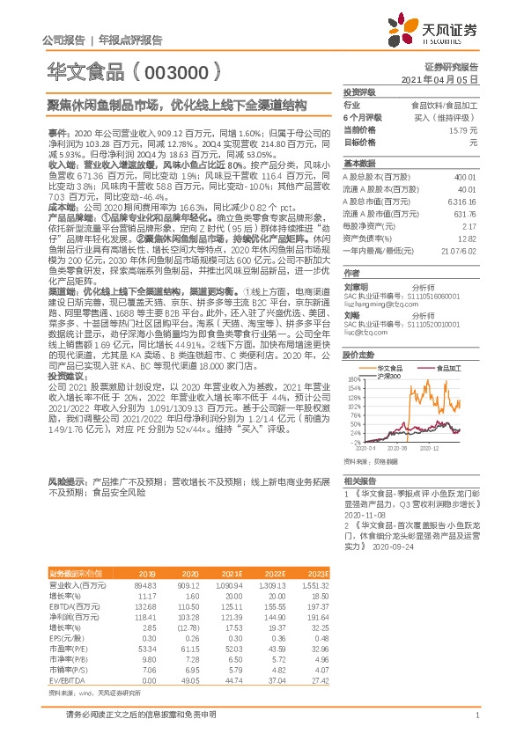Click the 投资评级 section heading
tap(359, 92)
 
